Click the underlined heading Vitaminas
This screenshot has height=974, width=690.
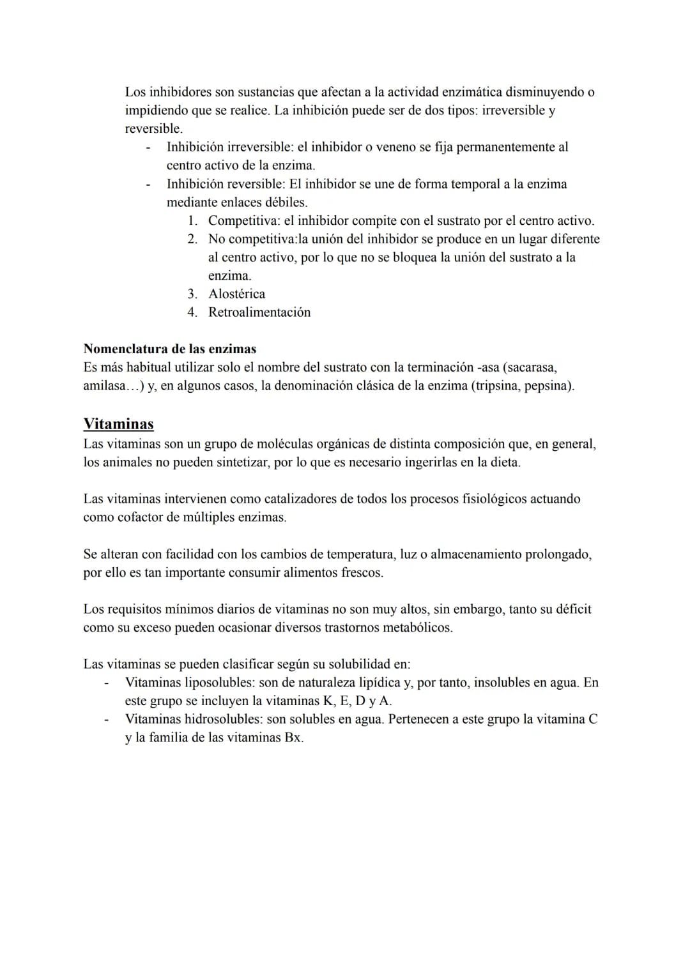pyautogui.click(x=118, y=424)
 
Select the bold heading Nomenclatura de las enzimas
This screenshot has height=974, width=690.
pyautogui.click(x=169, y=349)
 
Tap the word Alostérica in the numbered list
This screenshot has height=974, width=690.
pyautogui.click(x=236, y=294)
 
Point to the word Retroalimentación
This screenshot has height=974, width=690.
pyautogui.click(x=259, y=312)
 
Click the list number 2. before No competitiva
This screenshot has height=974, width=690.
pyautogui.click(x=192, y=239)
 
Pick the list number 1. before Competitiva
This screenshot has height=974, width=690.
pyautogui.click(x=192, y=220)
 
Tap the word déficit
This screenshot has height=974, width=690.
pyautogui.click(x=571, y=609)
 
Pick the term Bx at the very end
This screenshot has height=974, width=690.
pyautogui.click(x=293, y=738)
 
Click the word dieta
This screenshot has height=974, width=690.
pyautogui.click(x=503, y=462)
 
